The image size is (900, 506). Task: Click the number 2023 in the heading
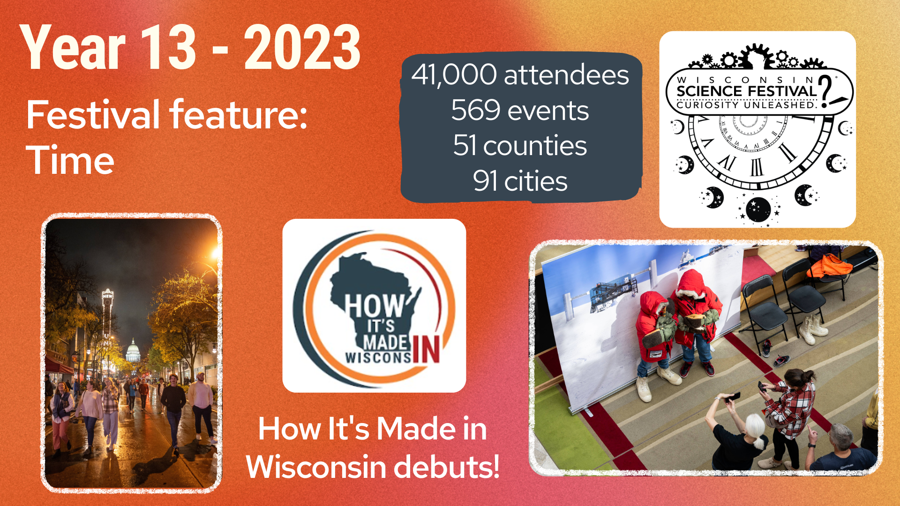click(302, 47)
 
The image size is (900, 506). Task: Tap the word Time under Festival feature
click(70, 160)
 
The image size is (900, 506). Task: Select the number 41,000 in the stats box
click(454, 75)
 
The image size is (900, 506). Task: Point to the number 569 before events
click(476, 111)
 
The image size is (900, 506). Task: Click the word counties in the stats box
click(535, 146)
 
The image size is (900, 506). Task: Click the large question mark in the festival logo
click(829, 91)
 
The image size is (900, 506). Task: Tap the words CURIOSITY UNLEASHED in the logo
click(747, 105)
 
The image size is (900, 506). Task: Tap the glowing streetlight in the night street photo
click(216, 253)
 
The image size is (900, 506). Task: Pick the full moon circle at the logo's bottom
click(758, 210)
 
